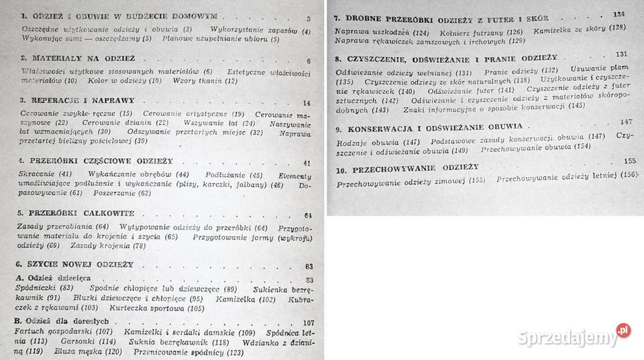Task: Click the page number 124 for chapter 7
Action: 618,13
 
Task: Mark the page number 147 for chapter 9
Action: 626,123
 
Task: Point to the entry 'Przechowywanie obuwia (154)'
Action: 535,146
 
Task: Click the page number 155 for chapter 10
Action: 629,161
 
